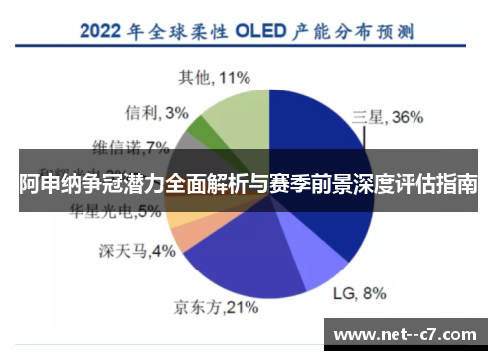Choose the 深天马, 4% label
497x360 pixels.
(x=137, y=250)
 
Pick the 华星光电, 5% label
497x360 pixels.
(x=114, y=211)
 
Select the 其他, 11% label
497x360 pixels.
(x=213, y=76)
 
